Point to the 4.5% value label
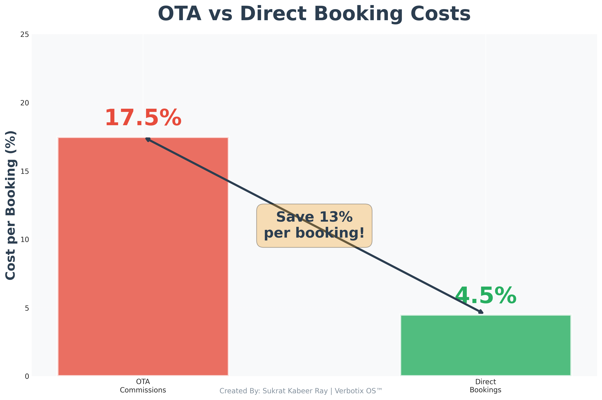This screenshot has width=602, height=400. tap(486, 296)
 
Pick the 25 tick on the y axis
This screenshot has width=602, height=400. tap(25, 34)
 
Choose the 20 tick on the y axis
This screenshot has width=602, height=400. tap(25, 103)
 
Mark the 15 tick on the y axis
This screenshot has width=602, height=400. tap(25, 171)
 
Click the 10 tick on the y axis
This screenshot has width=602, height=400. tap(25, 239)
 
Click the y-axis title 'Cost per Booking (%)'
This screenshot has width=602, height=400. tap(11, 205)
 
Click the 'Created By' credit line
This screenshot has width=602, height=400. tap(301, 391)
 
